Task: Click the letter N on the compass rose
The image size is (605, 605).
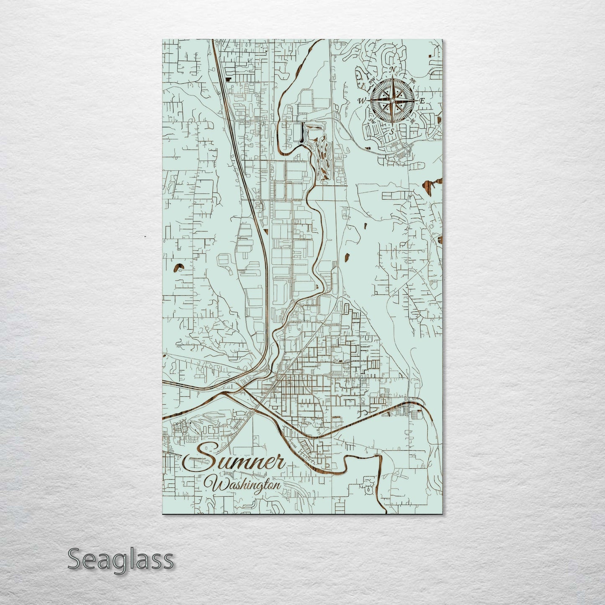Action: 392,69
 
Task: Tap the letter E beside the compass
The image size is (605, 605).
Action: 422,101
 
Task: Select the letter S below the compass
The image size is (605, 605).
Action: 392,131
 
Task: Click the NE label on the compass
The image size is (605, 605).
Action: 412,80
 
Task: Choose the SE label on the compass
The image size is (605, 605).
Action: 413,121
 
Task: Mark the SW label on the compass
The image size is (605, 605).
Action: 371,121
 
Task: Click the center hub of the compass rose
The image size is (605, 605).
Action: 392,100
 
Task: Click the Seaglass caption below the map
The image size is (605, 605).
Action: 120,559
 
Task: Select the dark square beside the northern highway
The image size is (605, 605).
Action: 229,77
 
